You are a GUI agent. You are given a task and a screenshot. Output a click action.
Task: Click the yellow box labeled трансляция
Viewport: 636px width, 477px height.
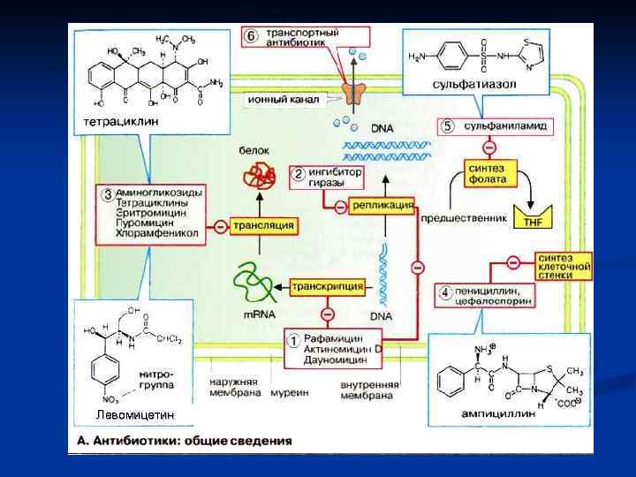point(263,226)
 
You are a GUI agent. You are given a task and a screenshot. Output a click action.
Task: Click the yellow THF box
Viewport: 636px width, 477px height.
point(533,220)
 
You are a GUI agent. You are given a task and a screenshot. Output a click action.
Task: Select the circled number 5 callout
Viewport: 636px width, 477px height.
point(448,126)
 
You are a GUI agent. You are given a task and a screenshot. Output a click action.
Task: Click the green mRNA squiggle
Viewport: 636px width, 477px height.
point(257,281)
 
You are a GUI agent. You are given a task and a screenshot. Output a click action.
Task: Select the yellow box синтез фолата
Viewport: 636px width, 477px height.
point(488,173)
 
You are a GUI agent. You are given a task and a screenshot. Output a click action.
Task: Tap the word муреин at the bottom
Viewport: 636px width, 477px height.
point(290,391)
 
